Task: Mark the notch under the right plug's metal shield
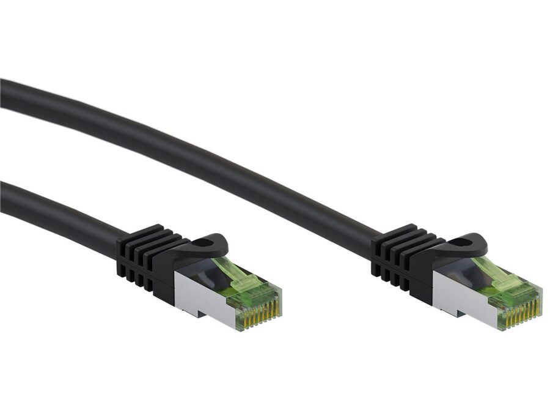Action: click(455, 313)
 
